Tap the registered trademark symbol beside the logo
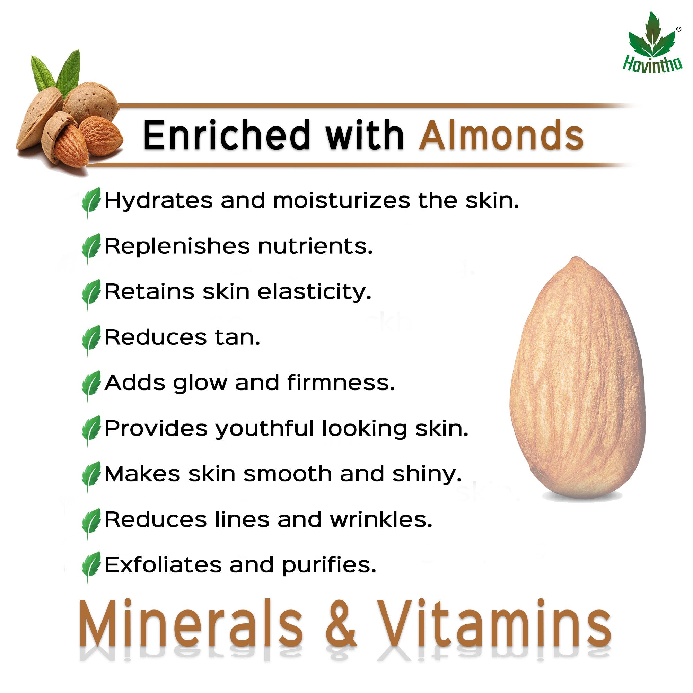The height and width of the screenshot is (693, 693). point(678,29)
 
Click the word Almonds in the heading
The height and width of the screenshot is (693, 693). point(501,135)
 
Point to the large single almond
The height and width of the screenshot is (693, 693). point(577,378)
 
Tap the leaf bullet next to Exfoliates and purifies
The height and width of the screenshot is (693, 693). point(91,567)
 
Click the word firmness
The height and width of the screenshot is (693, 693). point(341,383)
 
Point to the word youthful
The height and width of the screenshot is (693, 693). point(265,429)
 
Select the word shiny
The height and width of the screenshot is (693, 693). point(427,475)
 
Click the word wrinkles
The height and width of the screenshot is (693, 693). point(381,519)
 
